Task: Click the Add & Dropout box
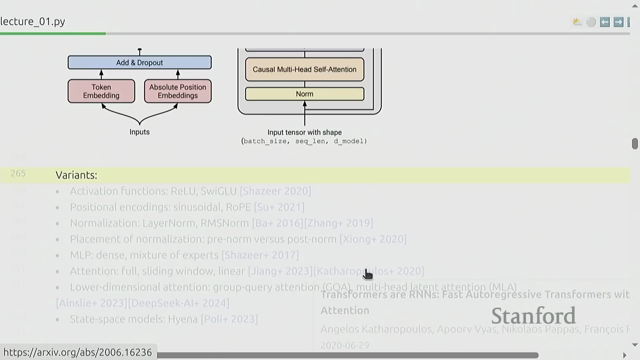(x=139, y=63)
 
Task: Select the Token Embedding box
(x=101, y=91)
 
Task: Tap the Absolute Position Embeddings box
(x=178, y=91)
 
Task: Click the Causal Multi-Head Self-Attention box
(x=304, y=69)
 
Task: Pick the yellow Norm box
(x=304, y=94)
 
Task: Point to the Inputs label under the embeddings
(x=139, y=132)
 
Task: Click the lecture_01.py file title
(x=33, y=21)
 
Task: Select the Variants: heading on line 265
(x=76, y=175)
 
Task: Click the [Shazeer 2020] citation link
(x=275, y=191)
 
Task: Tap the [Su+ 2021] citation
(x=279, y=207)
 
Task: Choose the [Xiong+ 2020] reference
(x=373, y=239)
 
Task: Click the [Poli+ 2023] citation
(x=229, y=319)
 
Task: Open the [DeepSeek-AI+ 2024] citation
(x=179, y=303)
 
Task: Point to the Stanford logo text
(x=533, y=316)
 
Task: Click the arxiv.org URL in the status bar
(x=78, y=352)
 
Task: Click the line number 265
(x=18, y=173)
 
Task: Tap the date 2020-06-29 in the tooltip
(x=345, y=345)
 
